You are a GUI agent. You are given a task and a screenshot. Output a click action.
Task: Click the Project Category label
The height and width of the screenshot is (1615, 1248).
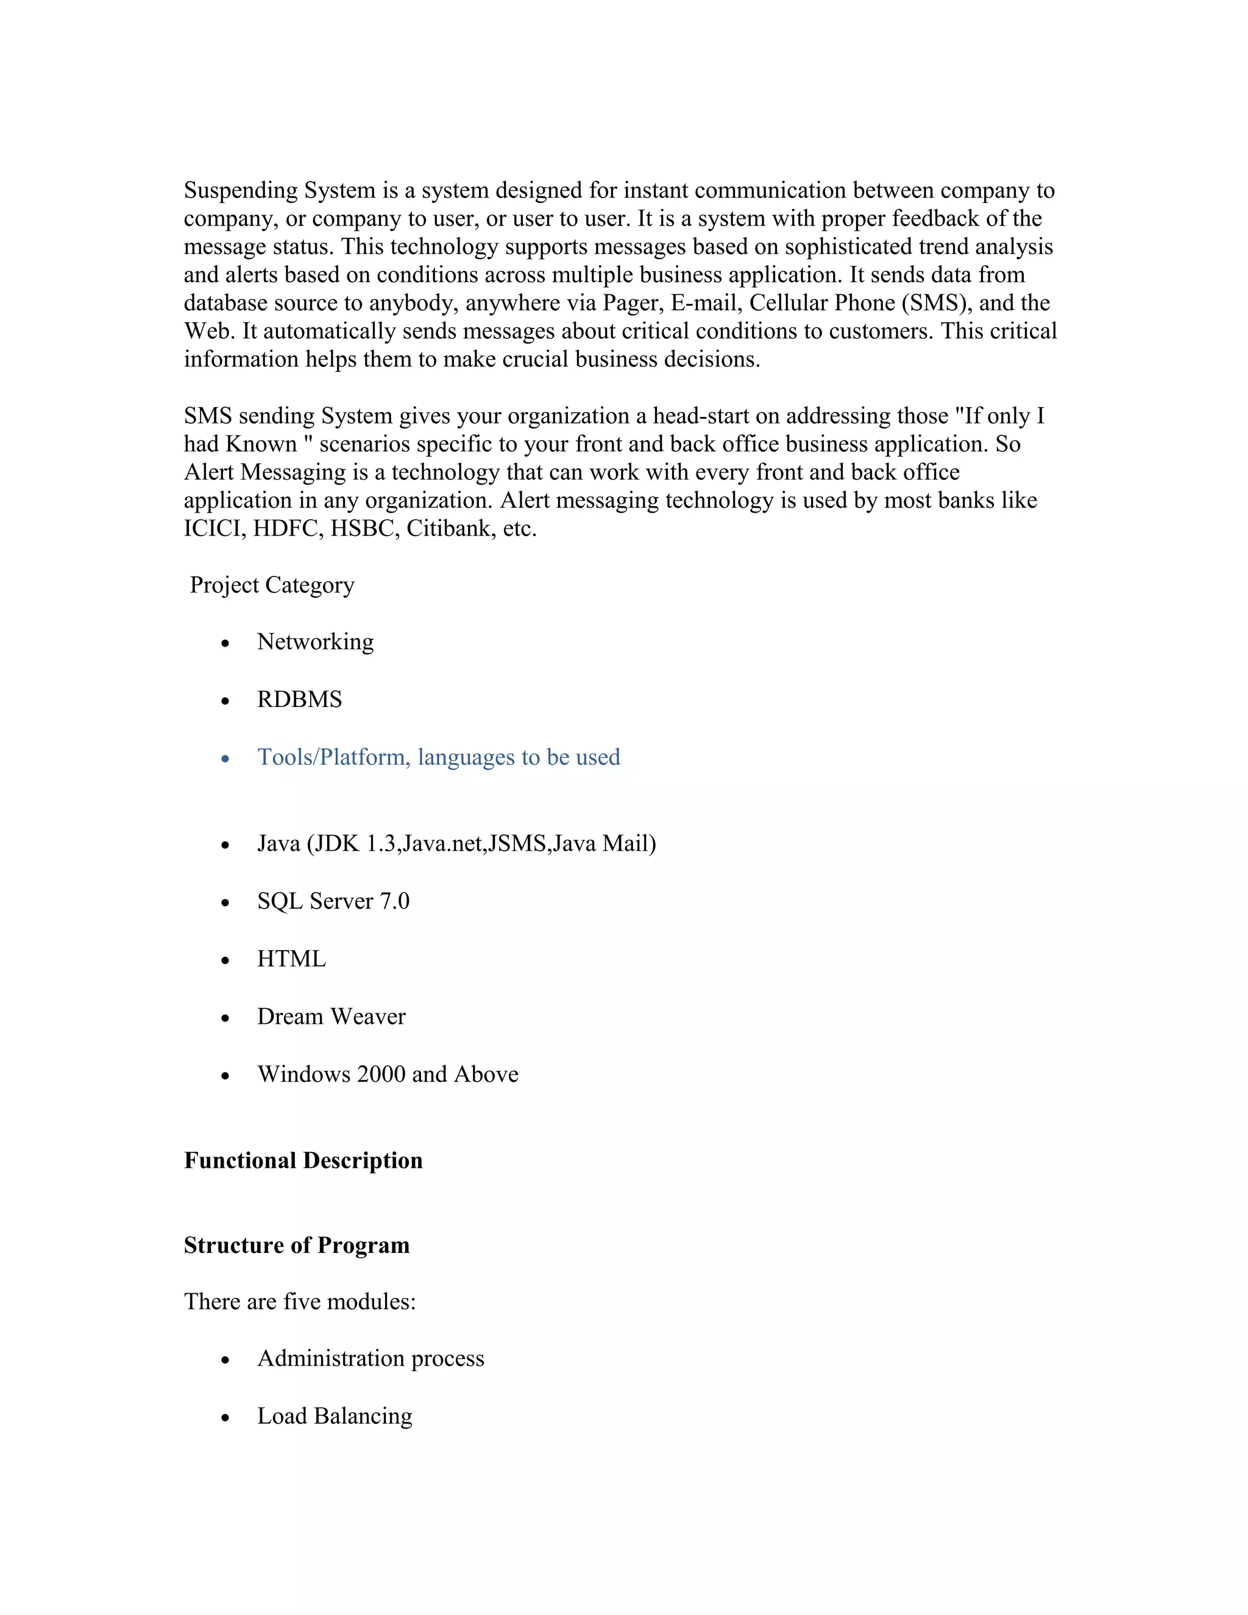tap(272, 585)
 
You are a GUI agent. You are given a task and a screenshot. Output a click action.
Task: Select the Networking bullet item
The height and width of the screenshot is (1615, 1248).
tap(315, 642)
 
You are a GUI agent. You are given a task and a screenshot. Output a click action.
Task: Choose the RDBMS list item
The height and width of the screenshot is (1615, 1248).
tap(299, 700)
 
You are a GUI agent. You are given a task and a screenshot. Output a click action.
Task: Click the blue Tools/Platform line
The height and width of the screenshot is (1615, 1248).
tap(438, 757)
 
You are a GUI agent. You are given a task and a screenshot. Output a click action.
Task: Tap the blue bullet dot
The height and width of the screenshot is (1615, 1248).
tap(225, 759)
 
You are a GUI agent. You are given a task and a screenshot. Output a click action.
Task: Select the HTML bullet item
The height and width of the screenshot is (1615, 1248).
tap(291, 959)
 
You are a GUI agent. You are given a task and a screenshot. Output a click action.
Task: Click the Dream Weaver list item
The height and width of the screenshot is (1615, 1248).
tap(331, 1017)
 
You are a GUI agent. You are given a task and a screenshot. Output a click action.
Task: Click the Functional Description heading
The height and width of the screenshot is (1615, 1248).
tap(303, 1161)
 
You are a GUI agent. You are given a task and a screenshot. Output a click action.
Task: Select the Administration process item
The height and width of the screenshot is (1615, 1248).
tap(370, 1358)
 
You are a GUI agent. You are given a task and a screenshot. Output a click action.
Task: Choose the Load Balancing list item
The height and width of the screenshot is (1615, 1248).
tap(334, 1416)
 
